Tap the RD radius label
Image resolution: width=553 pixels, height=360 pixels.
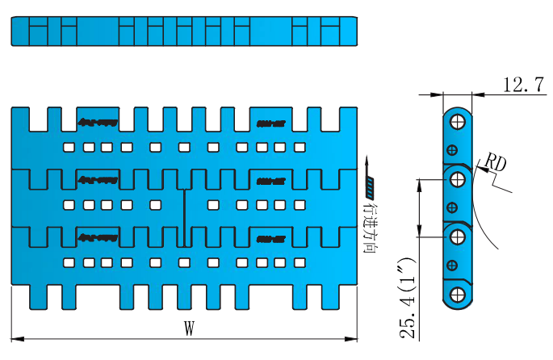pos(494,164)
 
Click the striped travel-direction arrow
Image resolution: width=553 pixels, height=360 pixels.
pos(370,178)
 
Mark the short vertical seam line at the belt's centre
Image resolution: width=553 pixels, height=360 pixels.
pos(185,218)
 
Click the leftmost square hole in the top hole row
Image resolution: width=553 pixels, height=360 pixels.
pos(69,147)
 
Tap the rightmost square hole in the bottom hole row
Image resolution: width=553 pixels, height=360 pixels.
pos(299,262)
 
